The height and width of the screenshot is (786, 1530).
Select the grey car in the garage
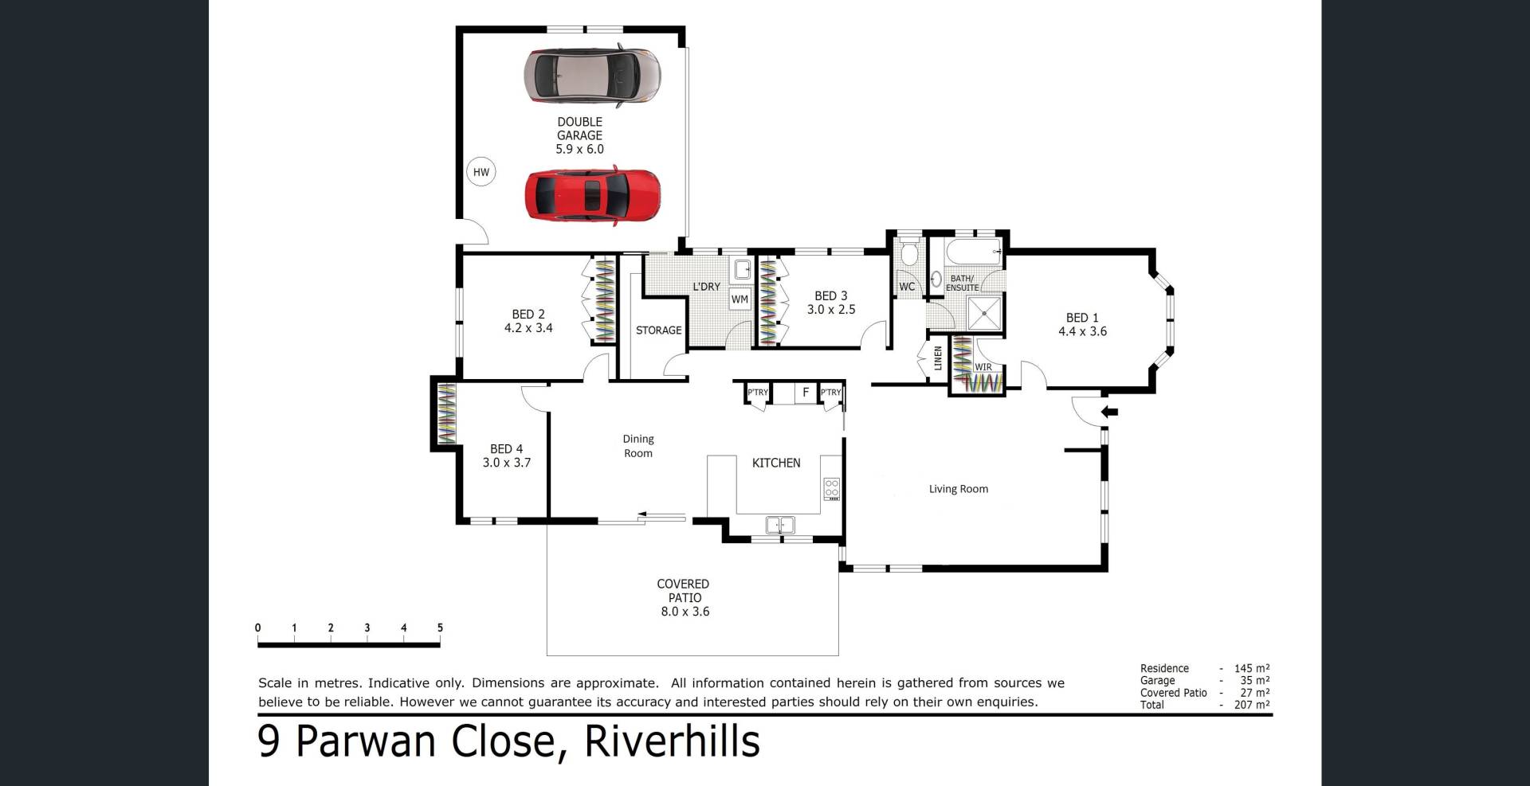pos(592,76)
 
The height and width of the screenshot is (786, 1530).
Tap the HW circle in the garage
pos(481,172)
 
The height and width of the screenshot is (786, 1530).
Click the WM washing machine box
pos(739,299)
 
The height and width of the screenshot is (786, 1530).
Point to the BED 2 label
pos(528,321)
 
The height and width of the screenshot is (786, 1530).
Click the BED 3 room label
pos(831,303)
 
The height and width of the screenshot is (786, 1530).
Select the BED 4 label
pos(507,456)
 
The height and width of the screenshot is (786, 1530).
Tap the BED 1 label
pos(1082,325)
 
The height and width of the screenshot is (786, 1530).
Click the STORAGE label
pos(658,330)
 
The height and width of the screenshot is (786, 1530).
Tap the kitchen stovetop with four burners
pos(832,488)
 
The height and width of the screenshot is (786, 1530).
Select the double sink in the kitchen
pos(780,525)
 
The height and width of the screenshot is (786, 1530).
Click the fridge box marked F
pos(806,393)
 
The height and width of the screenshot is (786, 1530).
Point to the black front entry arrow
pos(1109,412)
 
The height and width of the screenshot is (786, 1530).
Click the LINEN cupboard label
pos(938,358)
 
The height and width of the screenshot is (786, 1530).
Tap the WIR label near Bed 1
pos(983,367)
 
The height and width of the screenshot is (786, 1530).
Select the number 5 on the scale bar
pos(440,628)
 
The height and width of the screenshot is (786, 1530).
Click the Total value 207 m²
pos(1254,705)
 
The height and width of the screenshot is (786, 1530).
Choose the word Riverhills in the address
pos(673,741)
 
